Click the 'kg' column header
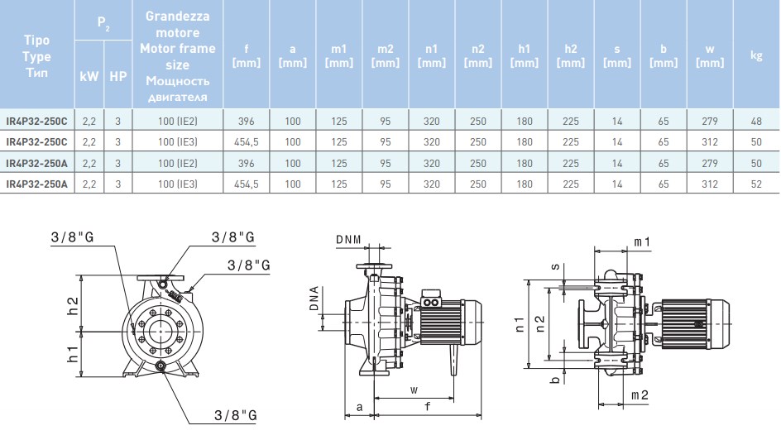pos(755,55)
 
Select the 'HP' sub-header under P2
pos(118,76)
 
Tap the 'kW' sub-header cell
pos(89,76)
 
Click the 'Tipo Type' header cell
pos(37,56)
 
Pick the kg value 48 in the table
pos(755,121)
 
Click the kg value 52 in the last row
pos(755,184)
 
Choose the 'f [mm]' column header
pos(247,55)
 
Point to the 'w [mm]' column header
pos(710,55)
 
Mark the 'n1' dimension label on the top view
pos(520,324)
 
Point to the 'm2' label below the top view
pos(640,395)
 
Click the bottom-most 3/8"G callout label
pos(234,414)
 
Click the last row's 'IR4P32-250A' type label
pos(37,184)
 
